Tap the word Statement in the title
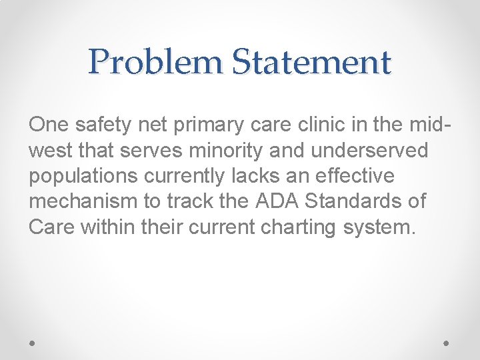tap(311, 62)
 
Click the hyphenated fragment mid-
tap(427, 125)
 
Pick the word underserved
tap(371, 151)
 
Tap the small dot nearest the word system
tap(447, 343)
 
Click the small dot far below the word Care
tap(33, 343)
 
